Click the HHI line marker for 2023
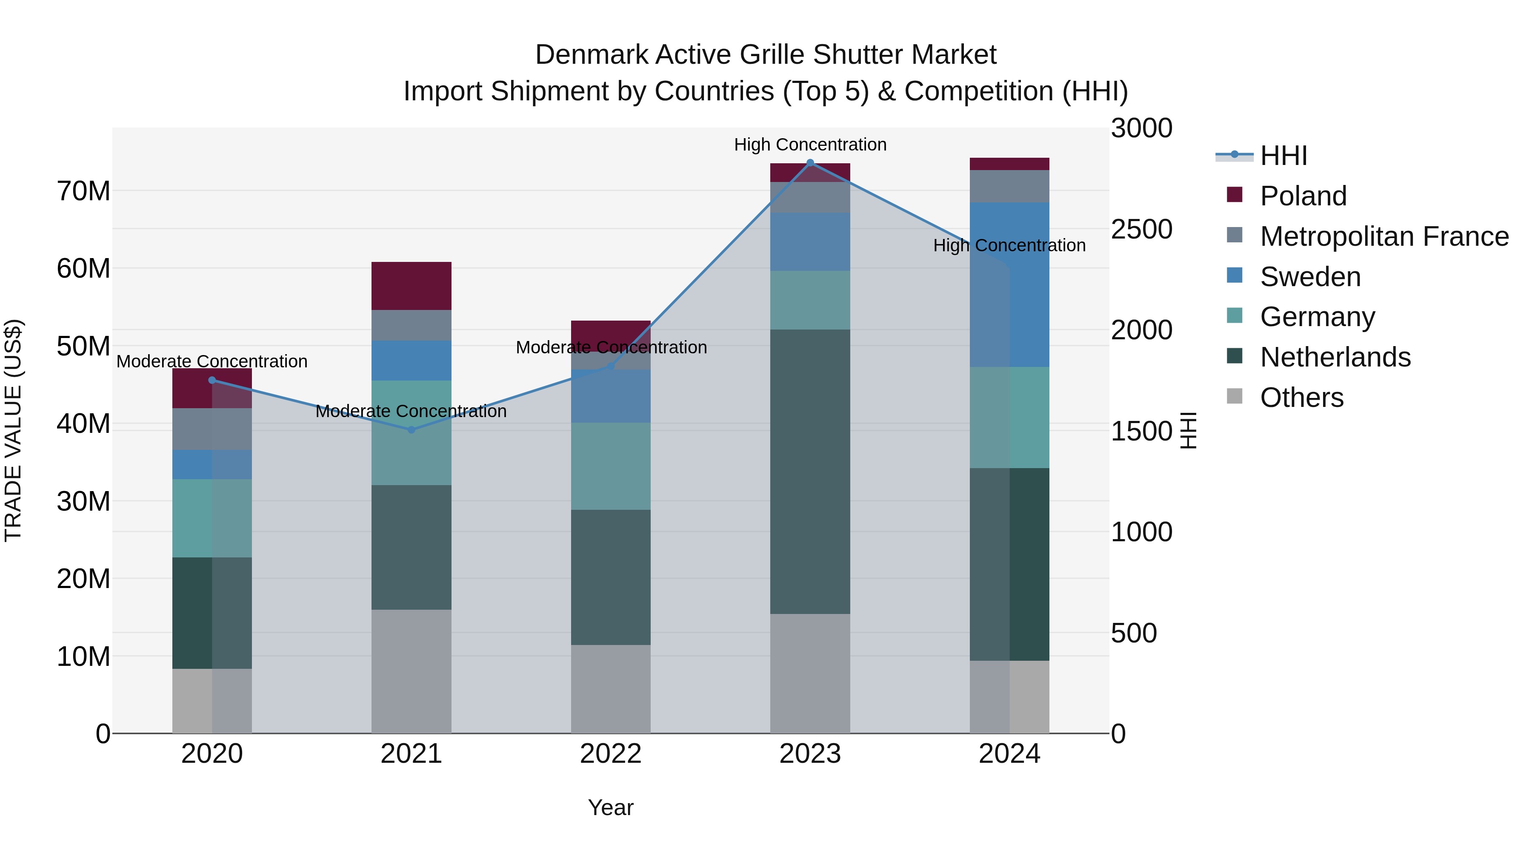(x=810, y=163)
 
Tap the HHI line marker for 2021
(x=412, y=429)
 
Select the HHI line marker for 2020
(x=212, y=380)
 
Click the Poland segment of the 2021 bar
(x=412, y=286)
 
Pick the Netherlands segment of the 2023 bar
(x=810, y=472)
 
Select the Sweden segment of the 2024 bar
(x=1009, y=284)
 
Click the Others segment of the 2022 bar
(x=611, y=689)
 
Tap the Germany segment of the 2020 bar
(x=212, y=518)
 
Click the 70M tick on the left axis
(x=83, y=191)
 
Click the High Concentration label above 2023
(x=810, y=145)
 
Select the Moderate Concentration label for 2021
(x=412, y=411)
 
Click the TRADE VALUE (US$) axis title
(x=13, y=430)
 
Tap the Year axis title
(x=611, y=808)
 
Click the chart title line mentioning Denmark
(x=766, y=55)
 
